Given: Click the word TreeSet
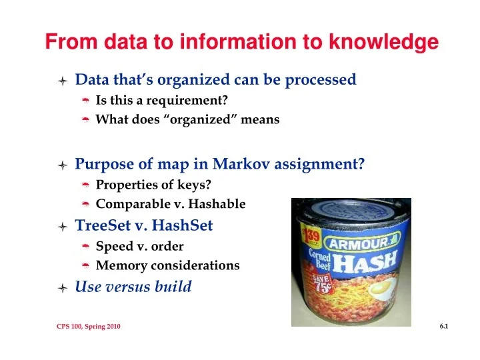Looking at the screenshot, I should [101, 225].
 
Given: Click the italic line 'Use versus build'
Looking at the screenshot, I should [133, 287].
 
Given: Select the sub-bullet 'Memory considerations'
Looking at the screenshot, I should [168, 265].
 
